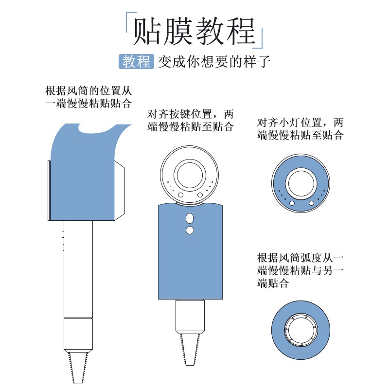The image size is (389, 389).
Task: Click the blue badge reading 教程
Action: tap(136, 62)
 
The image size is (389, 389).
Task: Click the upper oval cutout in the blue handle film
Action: tap(190, 218)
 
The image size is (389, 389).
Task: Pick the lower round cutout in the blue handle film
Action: tap(190, 230)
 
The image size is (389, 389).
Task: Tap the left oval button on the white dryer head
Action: tap(180, 195)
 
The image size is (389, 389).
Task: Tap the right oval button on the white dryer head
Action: tap(200, 195)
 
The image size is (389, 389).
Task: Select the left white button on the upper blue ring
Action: tap(292, 203)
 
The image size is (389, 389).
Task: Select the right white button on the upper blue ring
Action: tap(311, 203)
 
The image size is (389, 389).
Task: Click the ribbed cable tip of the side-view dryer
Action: tap(78, 367)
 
